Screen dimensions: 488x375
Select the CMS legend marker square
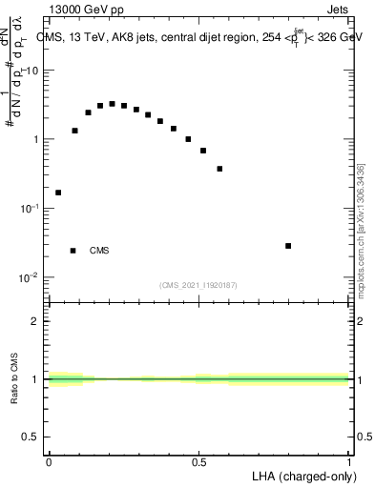(x=73, y=251)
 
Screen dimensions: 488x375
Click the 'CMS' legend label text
(x=99, y=251)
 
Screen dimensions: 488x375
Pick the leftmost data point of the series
(x=58, y=193)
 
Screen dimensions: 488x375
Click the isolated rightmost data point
(x=288, y=246)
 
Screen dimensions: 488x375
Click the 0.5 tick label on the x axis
(x=199, y=462)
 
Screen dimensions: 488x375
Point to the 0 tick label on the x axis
(x=49, y=462)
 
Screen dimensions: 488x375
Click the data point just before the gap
(x=219, y=169)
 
